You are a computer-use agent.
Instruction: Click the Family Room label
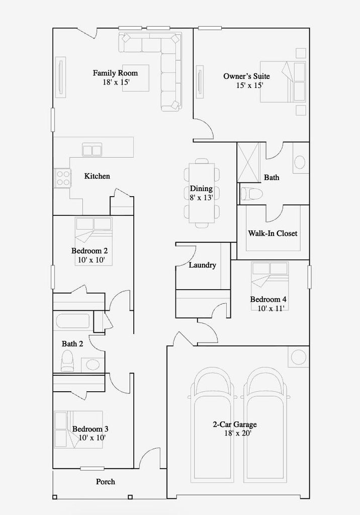[115, 73]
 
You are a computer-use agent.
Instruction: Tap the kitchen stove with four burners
[62, 178]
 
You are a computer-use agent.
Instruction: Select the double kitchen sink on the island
[92, 150]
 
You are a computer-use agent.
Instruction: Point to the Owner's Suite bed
[283, 81]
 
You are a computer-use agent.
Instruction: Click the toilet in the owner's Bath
[251, 194]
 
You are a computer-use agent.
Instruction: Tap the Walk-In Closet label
[273, 233]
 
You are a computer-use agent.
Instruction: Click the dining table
[201, 193]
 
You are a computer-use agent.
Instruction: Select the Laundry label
[202, 265]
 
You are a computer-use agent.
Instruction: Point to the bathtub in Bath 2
[72, 321]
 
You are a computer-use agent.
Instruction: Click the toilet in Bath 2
[67, 361]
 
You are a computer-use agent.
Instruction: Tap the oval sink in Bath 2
[93, 365]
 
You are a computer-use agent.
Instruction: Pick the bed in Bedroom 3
[78, 430]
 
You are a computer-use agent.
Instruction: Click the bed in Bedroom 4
[269, 280]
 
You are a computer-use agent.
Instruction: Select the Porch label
[106, 482]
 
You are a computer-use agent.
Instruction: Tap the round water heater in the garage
[299, 357]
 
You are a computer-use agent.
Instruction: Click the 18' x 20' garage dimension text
[238, 434]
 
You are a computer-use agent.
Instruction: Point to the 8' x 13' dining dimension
[201, 197]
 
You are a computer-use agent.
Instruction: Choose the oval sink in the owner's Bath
[300, 162]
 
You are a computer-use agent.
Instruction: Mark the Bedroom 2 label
[89, 251]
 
